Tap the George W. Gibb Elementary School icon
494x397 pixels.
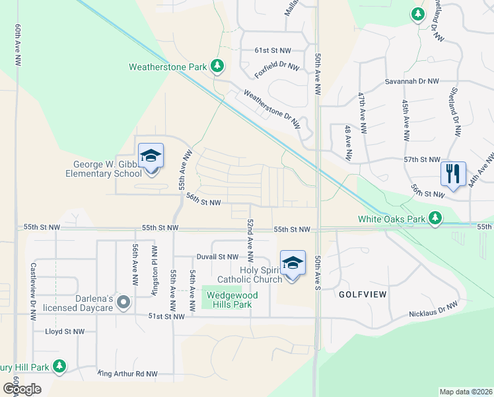click(151, 156)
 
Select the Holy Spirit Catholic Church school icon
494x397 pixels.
click(293, 263)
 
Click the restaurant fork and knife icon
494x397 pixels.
click(453, 174)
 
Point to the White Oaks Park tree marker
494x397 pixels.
click(435, 218)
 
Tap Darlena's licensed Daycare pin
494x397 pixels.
click(123, 302)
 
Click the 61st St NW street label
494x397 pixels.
click(273, 50)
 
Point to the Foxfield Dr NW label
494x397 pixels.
click(277, 67)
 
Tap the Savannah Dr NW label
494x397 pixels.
click(412, 81)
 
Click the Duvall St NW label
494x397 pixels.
click(217, 257)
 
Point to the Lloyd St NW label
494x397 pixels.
click(65, 331)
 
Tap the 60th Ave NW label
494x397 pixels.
click(17, 44)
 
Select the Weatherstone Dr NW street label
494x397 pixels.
click(271, 109)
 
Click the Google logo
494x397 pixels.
click(22, 389)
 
